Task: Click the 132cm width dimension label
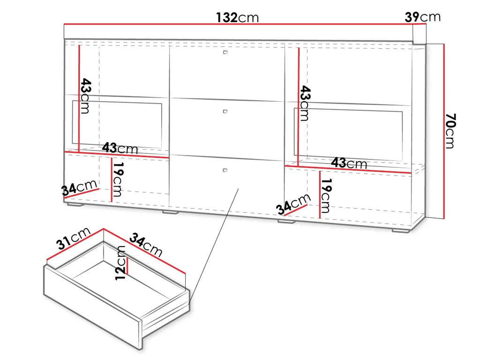click(237, 17)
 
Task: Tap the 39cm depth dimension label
click(422, 17)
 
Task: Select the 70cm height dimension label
click(450, 131)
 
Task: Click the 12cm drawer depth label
click(120, 262)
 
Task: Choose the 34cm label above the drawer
click(146, 244)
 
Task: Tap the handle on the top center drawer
click(225, 52)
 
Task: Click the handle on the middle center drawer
click(225, 112)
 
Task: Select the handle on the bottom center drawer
click(225, 170)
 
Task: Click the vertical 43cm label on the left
click(85, 96)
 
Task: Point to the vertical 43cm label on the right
click(305, 104)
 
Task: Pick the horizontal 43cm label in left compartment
click(120, 148)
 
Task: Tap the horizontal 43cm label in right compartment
click(349, 163)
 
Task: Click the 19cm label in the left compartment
click(118, 180)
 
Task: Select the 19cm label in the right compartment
click(326, 196)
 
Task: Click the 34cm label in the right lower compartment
click(293, 204)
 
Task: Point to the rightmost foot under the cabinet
click(401, 230)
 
